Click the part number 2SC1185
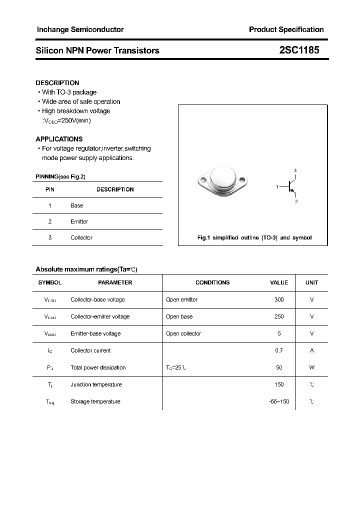tap(299, 50)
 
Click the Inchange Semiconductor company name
tap(80, 29)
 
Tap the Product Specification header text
tap(286, 29)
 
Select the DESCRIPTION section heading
tap(57, 83)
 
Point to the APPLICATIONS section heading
tap(59, 139)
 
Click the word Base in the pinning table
tap(76, 205)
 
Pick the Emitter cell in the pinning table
tap(79, 221)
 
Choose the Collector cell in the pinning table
tap(81, 237)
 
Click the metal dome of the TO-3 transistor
tap(222, 177)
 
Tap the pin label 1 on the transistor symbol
tap(277, 186)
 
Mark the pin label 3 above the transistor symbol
tap(295, 170)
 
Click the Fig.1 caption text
tap(254, 237)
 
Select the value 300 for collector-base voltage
tap(279, 299)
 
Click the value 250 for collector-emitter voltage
tap(279, 316)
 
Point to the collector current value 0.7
tap(279, 350)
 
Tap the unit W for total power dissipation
tap(311, 367)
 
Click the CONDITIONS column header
tap(212, 282)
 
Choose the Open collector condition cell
tap(183, 333)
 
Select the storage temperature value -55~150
tap(278, 401)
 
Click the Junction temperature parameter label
tap(96, 384)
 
